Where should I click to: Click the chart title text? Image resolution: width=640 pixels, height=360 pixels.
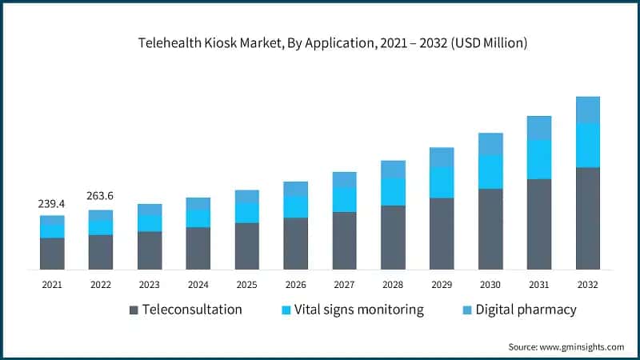pyautogui.click(x=320, y=43)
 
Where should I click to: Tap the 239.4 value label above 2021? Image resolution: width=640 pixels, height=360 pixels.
pyautogui.click(x=51, y=204)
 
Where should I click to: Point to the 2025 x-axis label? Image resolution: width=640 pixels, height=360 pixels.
pyautogui.click(x=246, y=283)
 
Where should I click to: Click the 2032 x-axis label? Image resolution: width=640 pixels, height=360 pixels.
pyautogui.click(x=588, y=283)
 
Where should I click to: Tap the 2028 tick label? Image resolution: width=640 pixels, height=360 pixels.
pyautogui.click(x=393, y=283)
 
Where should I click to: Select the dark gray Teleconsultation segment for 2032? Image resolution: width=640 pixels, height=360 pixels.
pyautogui.click(x=588, y=218)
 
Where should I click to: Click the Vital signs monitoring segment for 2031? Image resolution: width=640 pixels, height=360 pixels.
pyautogui.click(x=539, y=159)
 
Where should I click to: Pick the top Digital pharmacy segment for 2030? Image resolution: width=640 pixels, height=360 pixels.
pyautogui.click(x=490, y=144)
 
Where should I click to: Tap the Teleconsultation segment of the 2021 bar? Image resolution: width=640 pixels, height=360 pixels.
pyautogui.click(x=52, y=253)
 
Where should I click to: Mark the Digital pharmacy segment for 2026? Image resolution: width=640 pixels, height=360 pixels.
pyautogui.click(x=295, y=189)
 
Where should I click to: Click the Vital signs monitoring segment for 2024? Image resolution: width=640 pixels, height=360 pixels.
pyautogui.click(x=198, y=218)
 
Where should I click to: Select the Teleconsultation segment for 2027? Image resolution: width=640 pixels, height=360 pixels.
pyautogui.click(x=344, y=240)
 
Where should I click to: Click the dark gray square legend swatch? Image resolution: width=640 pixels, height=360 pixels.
pyautogui.click(x=134, y=310)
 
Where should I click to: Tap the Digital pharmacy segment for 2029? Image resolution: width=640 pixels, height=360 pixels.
pyautogui.click(x=442, y=158)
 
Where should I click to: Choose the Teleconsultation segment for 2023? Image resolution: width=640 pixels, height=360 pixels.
pyautogui.click(x=149, y=250)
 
